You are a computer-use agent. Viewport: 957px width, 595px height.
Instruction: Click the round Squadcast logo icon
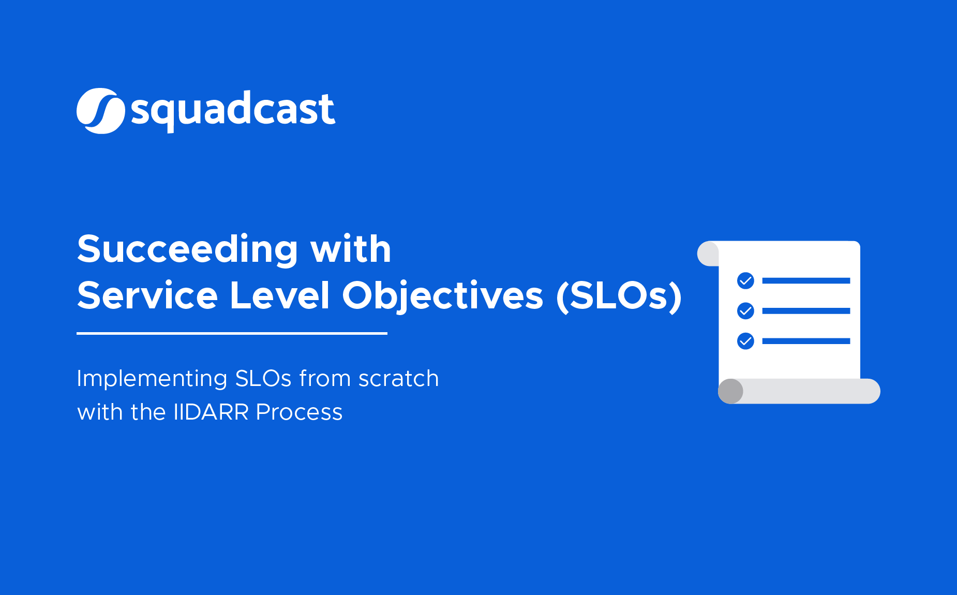100,111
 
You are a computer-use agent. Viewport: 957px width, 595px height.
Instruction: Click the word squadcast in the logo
233,110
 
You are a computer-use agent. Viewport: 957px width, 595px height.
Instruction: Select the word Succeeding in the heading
187,249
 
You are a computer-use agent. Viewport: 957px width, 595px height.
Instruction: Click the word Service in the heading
147,296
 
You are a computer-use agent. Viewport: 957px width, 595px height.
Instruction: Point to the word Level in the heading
279,296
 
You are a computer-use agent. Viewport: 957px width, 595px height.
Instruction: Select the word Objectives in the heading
443,296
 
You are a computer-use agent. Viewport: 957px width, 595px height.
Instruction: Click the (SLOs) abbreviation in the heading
619,296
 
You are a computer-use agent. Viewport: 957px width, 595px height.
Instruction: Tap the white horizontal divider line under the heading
232,334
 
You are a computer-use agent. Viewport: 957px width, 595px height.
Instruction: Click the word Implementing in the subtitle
152,379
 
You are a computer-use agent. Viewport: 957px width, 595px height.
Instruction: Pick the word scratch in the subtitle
398,379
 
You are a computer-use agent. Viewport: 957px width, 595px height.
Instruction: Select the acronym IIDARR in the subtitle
211,412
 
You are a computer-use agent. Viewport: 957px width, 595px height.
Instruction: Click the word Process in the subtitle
299,412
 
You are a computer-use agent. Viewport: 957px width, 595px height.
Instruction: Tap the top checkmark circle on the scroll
745,280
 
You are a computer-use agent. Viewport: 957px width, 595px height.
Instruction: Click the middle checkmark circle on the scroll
745,310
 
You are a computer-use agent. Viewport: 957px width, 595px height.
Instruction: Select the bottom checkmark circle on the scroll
745,341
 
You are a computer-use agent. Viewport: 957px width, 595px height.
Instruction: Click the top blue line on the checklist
806,280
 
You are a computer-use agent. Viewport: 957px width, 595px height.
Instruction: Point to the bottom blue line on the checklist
806,341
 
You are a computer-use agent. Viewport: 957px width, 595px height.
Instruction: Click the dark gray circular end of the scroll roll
731,391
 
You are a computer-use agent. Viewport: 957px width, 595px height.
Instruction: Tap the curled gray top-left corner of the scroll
708,254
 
